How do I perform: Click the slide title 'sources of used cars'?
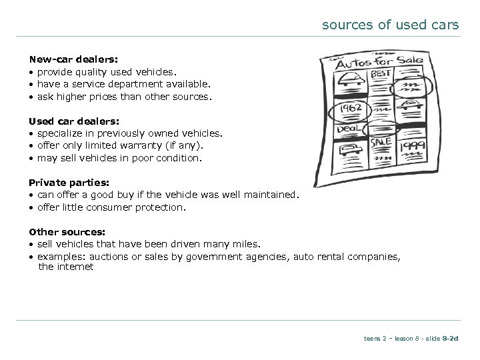point(390,25)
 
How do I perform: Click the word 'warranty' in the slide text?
point(139,145)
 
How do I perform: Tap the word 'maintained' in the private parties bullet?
point(269,194)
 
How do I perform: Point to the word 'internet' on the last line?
point(75,267)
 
